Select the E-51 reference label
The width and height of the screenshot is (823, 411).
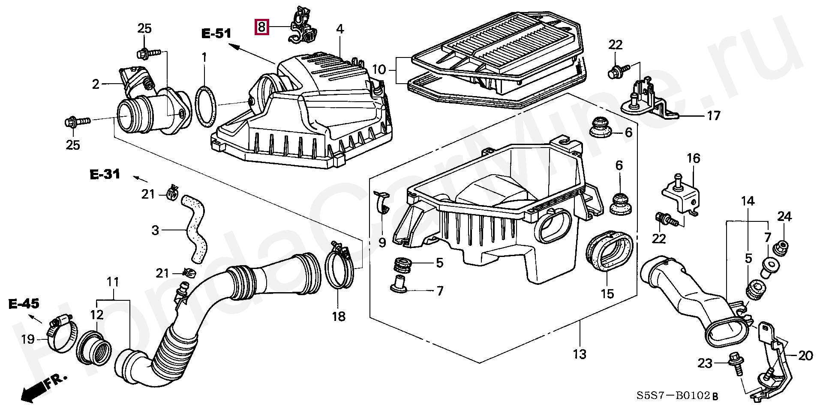pos(216,33)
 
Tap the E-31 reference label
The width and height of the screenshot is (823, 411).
pos(105,174)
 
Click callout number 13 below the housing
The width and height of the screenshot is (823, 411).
pos(580,354)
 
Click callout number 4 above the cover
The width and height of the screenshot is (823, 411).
pos(339,29)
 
